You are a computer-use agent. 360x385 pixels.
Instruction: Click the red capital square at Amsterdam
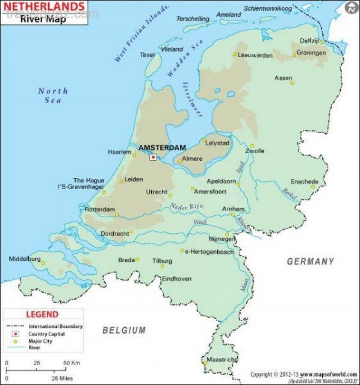click(x=153, y=157)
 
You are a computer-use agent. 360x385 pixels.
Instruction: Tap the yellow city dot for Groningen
click(x=294, y=55)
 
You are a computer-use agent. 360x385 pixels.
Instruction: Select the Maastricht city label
click(x=221, y=360)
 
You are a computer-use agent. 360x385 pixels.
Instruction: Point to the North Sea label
click(x=53, y=95)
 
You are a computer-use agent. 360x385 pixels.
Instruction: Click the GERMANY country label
click(x=310, y=261)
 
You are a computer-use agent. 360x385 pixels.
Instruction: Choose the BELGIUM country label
click(x=124, y=330)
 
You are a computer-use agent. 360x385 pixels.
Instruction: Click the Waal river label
click(x=199, y=222)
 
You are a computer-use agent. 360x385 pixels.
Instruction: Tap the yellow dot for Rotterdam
click(x=117, y=215)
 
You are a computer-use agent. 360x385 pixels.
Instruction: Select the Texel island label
click(x=147, y=55)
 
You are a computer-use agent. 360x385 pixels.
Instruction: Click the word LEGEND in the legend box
click(x=42, y=314)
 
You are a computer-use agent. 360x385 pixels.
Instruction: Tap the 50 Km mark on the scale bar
click(x=72, y=362)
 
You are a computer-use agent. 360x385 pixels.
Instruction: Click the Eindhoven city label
click(x=177, y=279)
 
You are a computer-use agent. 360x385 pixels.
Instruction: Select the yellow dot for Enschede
click(x=313, y=186)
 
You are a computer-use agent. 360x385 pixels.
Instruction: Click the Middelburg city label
click(x=25, y=259)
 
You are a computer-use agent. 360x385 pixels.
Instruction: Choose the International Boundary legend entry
click(x=55, y=326)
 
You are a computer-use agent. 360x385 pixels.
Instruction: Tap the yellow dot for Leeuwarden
click(x=234, y=54)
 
